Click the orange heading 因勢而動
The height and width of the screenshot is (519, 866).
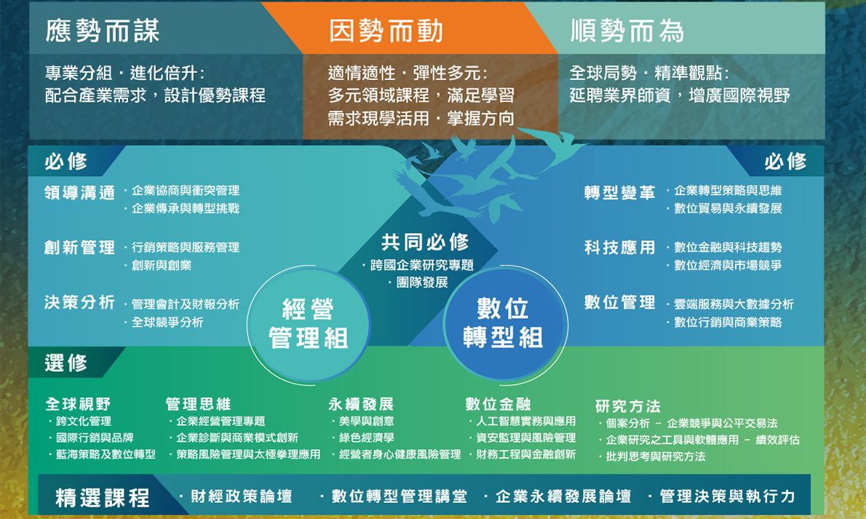tap(386, 31)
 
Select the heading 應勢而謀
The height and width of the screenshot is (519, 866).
tap(103, 31)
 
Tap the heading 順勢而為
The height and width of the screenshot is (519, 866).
tap(627, 31)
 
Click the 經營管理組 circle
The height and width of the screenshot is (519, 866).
tap(308, 324)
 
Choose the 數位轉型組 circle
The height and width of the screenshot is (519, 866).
tap(503, 324)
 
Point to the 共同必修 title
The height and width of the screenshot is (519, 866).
tap(425, 242)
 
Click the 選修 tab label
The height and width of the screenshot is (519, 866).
tap(65, 363)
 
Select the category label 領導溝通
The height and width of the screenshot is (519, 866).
tap(79, 192)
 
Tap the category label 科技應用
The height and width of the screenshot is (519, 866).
tap(620, 247)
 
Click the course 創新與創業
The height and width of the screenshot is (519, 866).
tap(162, 265)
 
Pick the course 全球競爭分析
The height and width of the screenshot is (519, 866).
tap(167, 322)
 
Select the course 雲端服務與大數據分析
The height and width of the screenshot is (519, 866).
tap(734, 304)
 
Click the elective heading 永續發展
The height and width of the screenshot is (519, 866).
tap(361, 404)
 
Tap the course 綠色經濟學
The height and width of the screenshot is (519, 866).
tap(366, 437)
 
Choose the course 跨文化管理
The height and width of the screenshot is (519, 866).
tap(84, 421)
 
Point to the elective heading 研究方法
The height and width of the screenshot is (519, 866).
tap(628, 406)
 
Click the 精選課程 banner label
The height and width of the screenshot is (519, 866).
tap(103, 497)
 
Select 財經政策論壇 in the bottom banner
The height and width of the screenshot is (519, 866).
tap(242, 496)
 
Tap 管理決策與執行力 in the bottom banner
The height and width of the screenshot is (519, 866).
tap(728, 496)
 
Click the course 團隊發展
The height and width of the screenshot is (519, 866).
tap(422, 282)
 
